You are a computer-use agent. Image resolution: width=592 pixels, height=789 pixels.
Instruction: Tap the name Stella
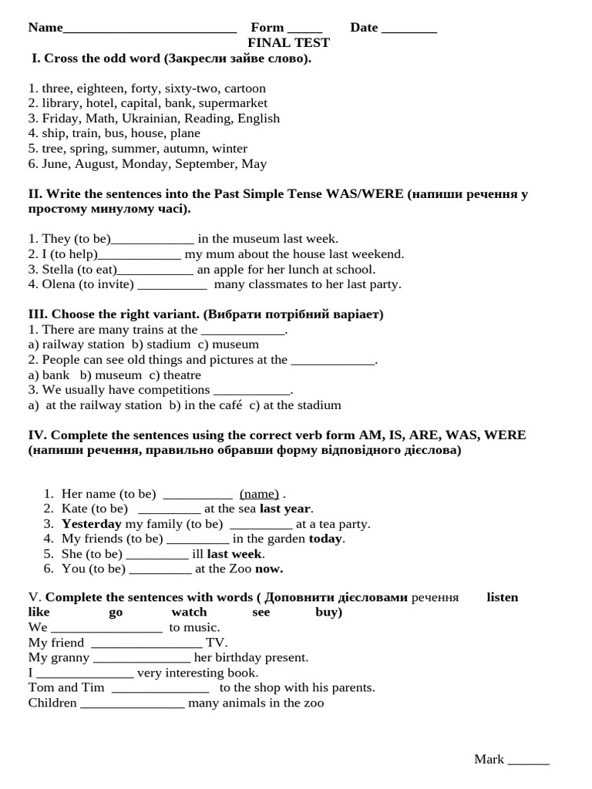(x=56, y=270)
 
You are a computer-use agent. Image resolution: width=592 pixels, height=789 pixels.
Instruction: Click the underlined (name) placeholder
(x=259, y=494)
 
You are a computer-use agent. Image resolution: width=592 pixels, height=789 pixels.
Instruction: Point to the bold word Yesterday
(x=92, y=524)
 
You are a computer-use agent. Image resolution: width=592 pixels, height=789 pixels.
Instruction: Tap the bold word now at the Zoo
(x=269, y=569)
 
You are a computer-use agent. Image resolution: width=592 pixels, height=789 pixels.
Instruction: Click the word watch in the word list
(x=189, y=613)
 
